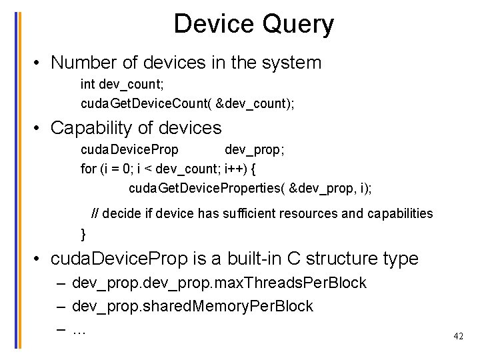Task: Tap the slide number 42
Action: coord(458,337)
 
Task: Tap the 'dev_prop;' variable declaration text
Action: coord(255,149)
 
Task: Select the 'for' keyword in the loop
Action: coord(88,169)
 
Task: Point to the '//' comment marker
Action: coord(95,213)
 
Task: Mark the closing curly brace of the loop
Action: coord(83,234)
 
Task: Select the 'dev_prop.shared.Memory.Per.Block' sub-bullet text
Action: coord(192,306)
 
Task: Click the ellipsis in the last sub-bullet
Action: coord(79,329)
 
